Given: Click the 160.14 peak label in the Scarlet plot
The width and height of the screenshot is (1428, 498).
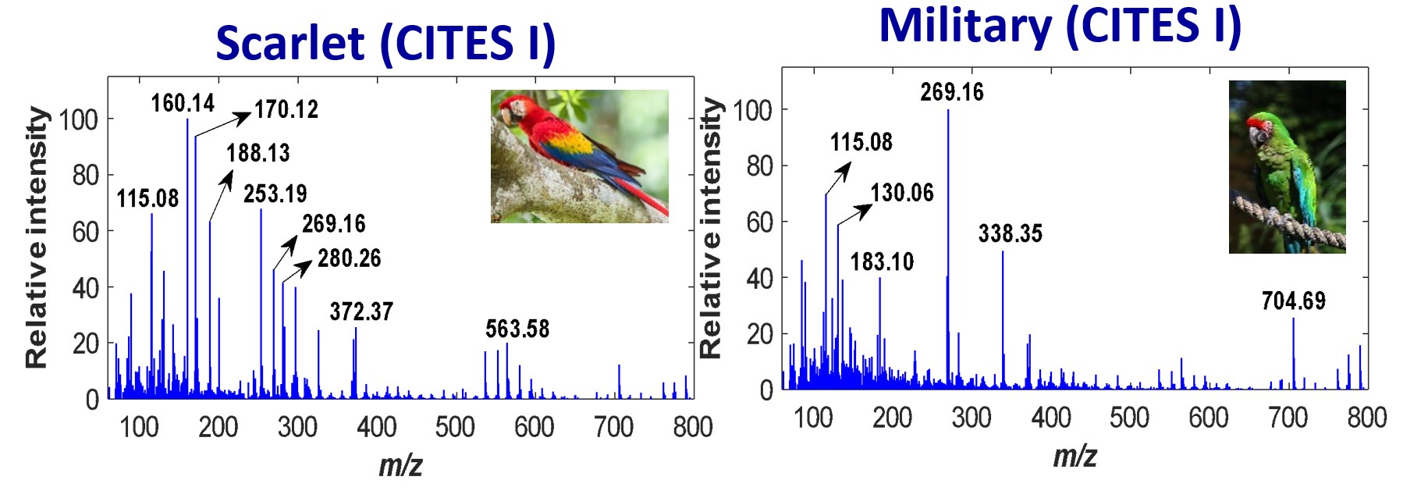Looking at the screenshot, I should point(183,103).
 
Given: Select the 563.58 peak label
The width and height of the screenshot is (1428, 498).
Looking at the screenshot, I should point(517,329).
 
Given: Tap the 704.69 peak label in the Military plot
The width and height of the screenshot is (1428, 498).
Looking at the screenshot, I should point(1293,301).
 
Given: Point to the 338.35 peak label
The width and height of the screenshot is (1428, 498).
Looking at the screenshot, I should point(1010,233).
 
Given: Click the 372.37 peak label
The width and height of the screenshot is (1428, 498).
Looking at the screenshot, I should point(361,312).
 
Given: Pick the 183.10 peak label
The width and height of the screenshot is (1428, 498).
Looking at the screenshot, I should point(882,261).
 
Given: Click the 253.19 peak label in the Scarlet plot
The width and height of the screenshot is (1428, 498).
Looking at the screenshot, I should point(275,194).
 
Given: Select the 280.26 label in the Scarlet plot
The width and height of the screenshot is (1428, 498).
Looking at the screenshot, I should point(349,258).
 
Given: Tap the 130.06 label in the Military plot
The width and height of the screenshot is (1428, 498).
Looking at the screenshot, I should point(902,193).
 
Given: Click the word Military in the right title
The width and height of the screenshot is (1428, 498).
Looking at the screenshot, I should point(965,25).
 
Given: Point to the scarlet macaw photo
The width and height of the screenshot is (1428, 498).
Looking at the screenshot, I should point(579,156).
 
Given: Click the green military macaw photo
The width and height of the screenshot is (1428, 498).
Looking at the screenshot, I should point(1287,167).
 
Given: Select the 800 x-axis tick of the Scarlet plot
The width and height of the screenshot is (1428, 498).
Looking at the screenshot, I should point(692,427).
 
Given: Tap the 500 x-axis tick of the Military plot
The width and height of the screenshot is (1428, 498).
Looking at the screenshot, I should point(1129,418).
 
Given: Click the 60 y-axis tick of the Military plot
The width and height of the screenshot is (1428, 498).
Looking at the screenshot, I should point(759,222).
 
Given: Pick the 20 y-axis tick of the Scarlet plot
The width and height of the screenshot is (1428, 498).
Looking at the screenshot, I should point(85,343).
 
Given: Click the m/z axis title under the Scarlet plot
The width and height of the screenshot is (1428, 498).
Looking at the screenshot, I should point(400,465).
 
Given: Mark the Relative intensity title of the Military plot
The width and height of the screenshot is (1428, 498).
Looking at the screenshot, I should point(709,228).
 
